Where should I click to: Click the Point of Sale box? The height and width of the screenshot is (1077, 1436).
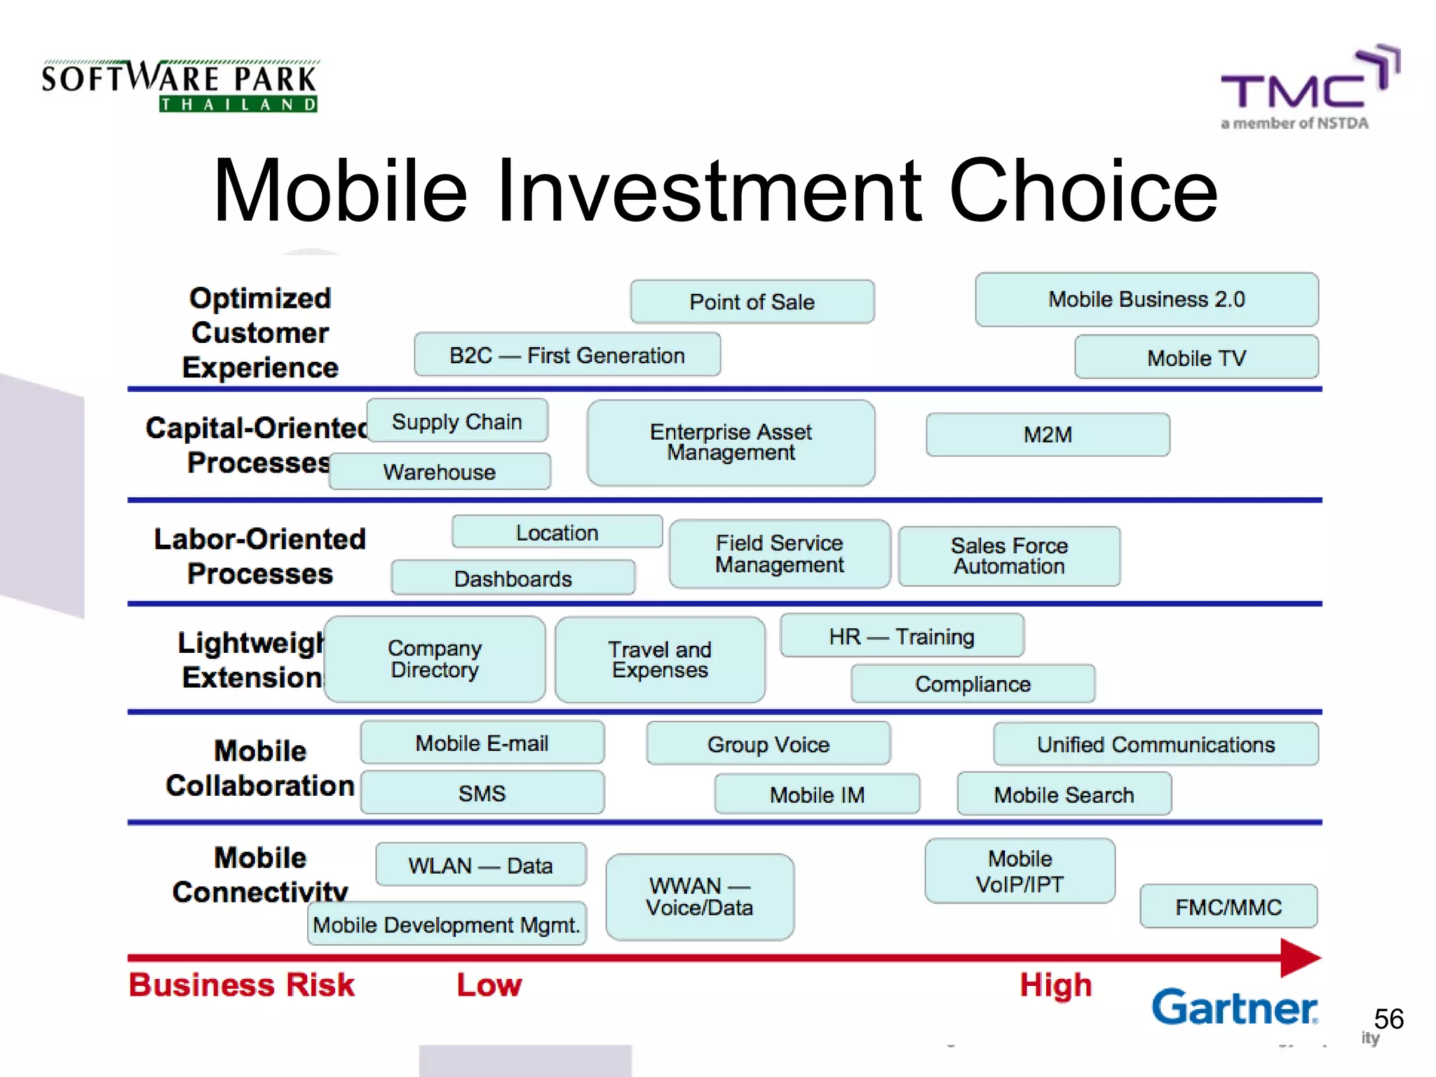(x=752, y=302)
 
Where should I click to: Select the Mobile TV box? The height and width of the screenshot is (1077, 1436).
(x=1196, y=358)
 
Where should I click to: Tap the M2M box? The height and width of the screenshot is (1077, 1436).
(x=1048, y=435)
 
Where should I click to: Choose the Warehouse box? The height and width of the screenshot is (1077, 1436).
(x=440, y=472)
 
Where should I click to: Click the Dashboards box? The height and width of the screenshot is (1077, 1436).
(x=513, y=578)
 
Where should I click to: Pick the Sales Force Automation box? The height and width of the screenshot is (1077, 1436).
(x=1009, y=556)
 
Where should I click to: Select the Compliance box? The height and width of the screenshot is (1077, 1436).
(x=973, y=684)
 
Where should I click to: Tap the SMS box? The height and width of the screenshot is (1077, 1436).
(x=482, y=793)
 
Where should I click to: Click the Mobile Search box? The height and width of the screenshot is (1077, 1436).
(x=1064, y=794)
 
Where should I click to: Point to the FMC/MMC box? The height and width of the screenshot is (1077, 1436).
(x=1228, y=907)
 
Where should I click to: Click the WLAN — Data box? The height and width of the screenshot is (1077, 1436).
(x=480, y=865)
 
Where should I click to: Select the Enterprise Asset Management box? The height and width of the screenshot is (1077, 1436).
(x=731, y=442)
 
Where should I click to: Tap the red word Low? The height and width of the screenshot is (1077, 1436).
(x=489, y=985)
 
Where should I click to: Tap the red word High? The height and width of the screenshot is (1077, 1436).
(x=1055, y=985)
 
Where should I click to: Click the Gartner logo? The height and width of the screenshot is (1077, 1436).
(x=1234, y=1008)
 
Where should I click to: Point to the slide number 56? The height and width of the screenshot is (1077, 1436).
(x=1388, y=1019)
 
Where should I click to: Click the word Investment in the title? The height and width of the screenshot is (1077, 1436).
(x=708, y=191)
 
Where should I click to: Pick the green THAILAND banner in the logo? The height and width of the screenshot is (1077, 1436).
(x=238, y=104)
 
